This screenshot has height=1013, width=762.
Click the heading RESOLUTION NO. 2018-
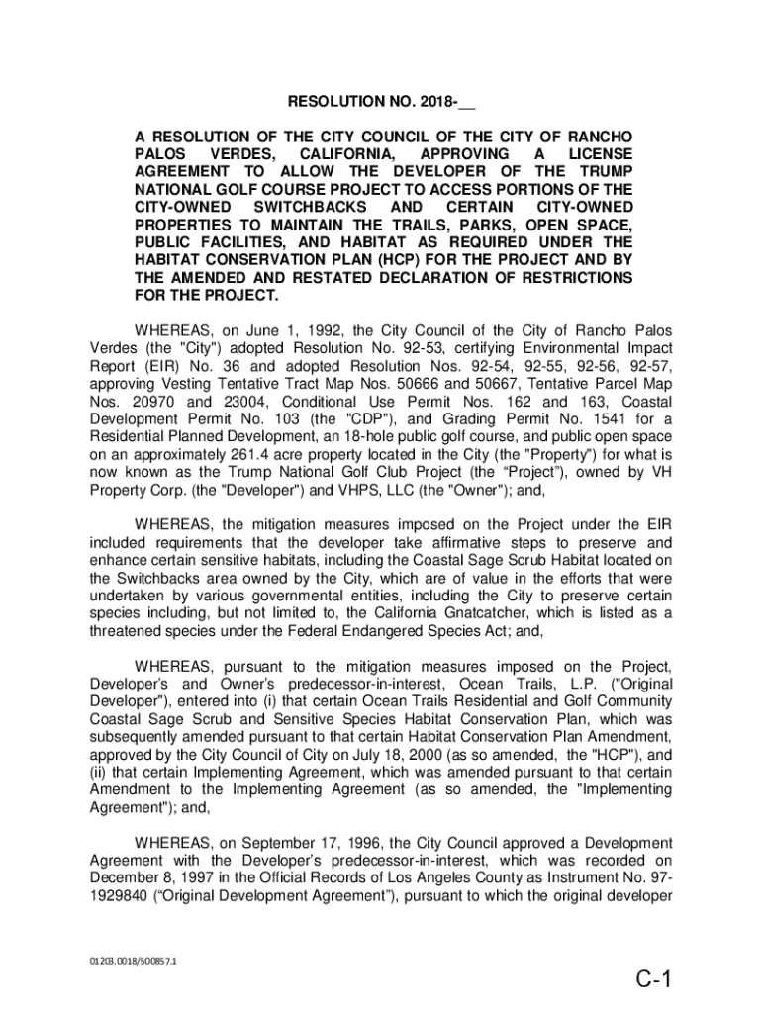pos(381,103)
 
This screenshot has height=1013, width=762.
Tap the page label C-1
pos(654,979)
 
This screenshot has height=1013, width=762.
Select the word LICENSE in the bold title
pos(600,154)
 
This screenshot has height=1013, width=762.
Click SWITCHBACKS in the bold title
pos(311,207)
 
